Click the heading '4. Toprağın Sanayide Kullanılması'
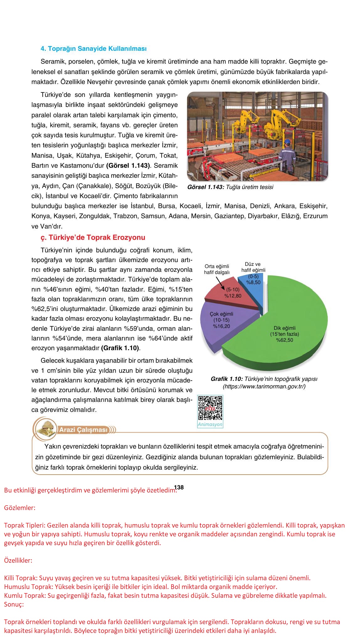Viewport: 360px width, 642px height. [x=93, y=49]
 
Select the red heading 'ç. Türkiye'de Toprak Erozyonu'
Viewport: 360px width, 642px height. [x=93, y=237]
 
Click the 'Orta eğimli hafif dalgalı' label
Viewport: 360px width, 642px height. [x=217, y=269]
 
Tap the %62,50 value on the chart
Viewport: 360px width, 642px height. [x=284, y=340]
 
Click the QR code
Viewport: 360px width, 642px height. [x=210, y=408]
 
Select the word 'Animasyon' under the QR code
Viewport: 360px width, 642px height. [x=210, y=424]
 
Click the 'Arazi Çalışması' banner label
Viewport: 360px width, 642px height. [x=83, y=429]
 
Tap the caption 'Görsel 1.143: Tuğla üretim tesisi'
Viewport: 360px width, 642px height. [x=230, y=187]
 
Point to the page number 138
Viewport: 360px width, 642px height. [x=179, y=487]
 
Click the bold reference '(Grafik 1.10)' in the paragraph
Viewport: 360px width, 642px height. [x=120, y=348]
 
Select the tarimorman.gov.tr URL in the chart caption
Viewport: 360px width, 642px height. [x=264, y=386]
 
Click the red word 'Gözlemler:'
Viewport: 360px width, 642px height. [x=20, y=508]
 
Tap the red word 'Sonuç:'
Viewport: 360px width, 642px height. [x=14, y=604]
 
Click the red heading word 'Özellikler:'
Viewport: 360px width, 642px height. [x=18, y=560]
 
